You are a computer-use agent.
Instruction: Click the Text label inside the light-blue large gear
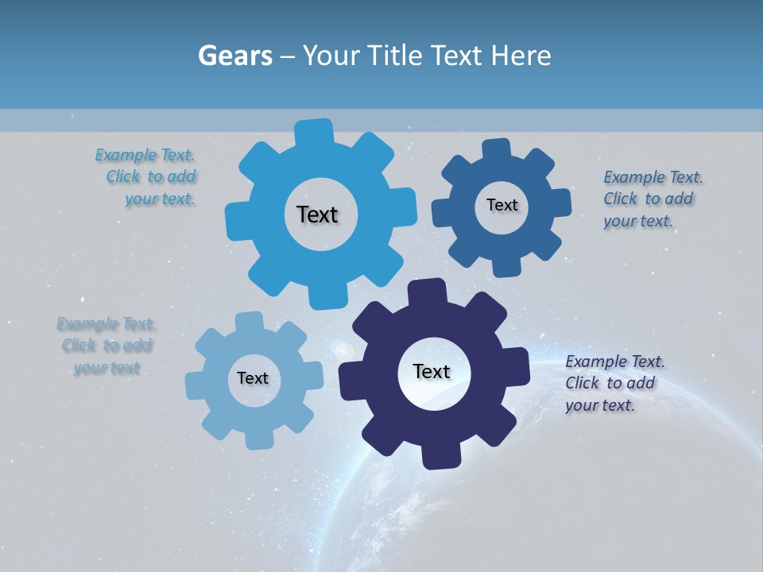point(317,214)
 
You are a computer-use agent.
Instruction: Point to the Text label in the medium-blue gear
point(502,205)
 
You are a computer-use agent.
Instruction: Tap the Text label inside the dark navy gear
point(432,371)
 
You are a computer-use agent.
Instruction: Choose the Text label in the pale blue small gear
point(253,378)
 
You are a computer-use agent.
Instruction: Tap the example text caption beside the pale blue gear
point(107,346)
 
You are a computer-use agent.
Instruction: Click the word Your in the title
point(332,56)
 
